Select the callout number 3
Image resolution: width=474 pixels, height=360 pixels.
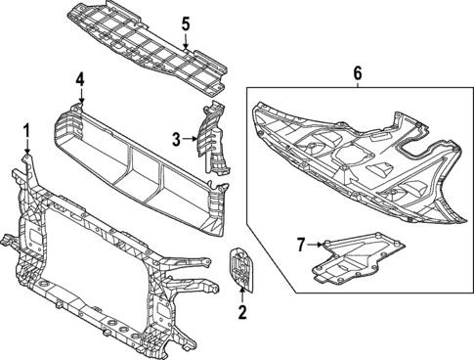click(177, 140)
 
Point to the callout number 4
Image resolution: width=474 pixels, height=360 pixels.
click(81, 78)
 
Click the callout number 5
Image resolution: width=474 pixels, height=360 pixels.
click(186, 23)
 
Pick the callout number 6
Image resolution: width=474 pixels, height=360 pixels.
click(357, 71)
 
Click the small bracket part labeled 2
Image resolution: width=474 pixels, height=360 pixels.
click(240, 270)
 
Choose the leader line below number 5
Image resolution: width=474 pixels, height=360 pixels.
click(186, 39)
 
